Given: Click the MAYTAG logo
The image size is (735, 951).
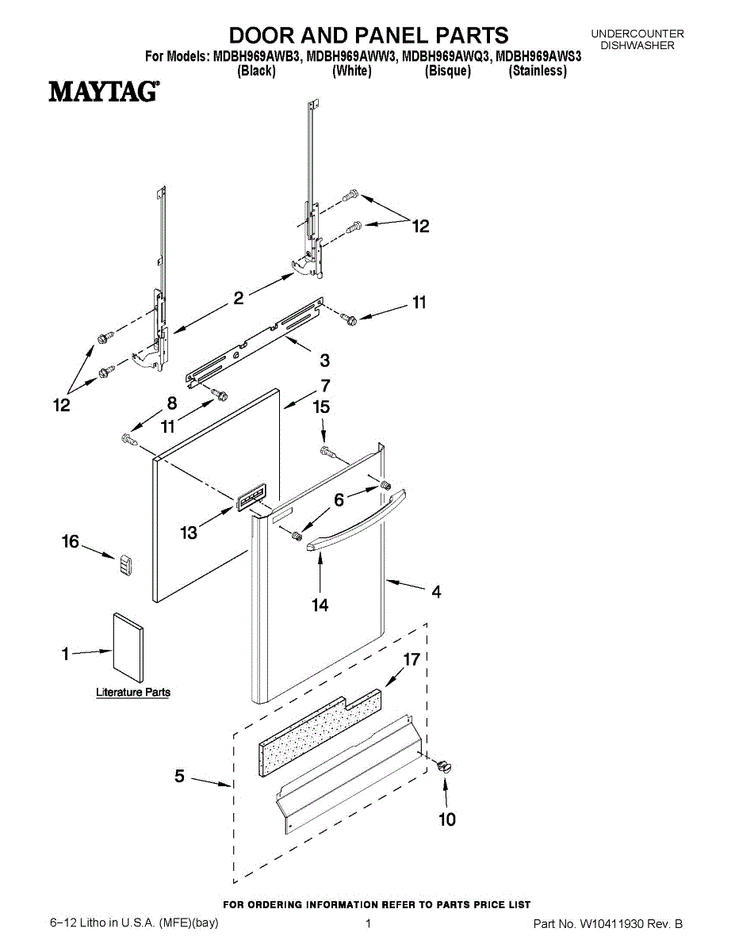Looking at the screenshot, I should point(102,92).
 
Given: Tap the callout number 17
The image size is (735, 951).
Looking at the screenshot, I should point(411,659).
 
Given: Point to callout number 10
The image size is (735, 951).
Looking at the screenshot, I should point(447,819).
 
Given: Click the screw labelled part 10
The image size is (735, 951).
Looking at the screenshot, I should point(444,766).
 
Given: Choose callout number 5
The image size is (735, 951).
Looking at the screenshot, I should point(180,777).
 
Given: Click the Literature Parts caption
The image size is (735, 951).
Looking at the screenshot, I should point(133,692).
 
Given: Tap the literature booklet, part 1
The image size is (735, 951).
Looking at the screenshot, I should point(128,647).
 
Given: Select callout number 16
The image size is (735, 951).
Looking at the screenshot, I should point(71,541).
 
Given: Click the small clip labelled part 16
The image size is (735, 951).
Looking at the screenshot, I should point(124,567).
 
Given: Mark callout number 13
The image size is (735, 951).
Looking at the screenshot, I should point(189,533).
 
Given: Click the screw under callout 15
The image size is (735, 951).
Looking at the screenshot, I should point(327,452).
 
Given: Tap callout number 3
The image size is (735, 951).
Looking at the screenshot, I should point(324,361).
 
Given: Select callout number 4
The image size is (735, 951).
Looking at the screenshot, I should point(436,591).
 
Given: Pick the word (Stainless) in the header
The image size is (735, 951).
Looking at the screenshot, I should point(538,71).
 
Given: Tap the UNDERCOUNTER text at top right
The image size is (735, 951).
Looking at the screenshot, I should point(637,34).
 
